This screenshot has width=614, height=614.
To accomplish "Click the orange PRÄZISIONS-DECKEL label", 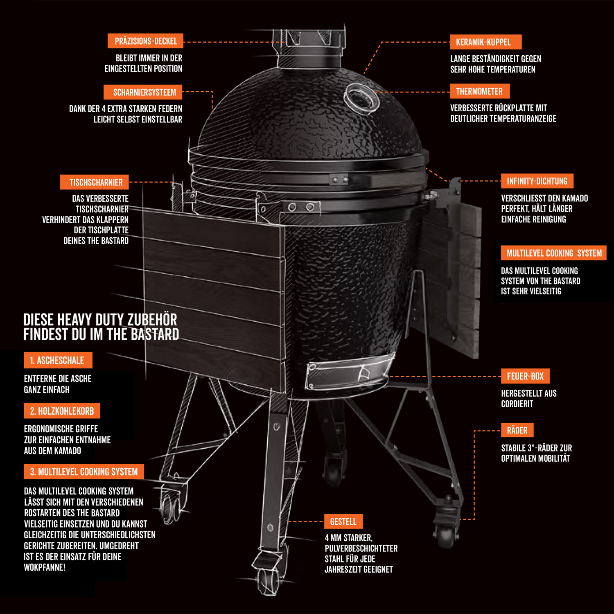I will coord(145,41).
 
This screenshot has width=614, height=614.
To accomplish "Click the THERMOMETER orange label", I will coord(480,91).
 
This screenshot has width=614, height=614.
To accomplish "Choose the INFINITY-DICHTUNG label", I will coord(537,181).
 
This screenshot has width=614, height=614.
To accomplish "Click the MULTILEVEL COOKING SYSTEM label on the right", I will coord(553,253).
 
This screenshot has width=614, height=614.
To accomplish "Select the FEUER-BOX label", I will coord(525,376).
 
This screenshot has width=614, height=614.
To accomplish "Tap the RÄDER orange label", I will coord(517,430).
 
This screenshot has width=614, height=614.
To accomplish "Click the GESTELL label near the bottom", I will coord(343,521).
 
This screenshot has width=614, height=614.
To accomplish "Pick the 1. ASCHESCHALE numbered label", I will coord(58,360).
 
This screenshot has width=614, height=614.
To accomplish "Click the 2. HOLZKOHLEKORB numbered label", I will coord(62,411).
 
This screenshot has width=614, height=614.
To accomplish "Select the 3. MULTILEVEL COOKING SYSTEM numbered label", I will coord(84,472).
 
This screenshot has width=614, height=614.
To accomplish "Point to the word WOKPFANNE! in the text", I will coord(44,567).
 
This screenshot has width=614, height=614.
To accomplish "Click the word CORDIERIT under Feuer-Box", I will coord(517,404).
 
